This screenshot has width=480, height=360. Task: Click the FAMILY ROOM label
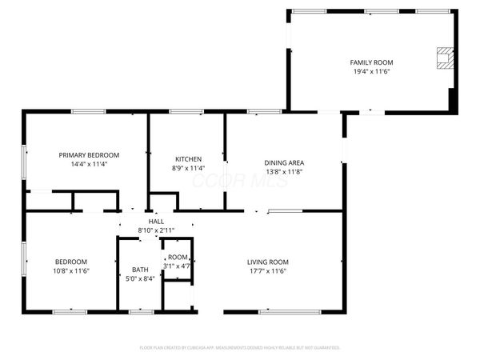click(371, 62)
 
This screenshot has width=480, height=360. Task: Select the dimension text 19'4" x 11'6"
click(371, 70)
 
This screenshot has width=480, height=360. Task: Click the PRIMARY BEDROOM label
click(89, 154)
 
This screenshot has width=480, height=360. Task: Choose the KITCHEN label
click(189, 159)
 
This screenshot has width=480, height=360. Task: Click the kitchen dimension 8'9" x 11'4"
click(189, 168)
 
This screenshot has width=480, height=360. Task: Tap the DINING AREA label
click(284, 162)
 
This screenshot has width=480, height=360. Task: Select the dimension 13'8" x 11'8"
click(284, 171)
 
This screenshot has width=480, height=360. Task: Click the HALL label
click(156, 222)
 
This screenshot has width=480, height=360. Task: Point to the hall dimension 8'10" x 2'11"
click(156, 230)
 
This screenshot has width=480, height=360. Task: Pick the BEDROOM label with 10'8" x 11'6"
click(71, 262)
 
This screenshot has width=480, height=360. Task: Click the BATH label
click(140, 270)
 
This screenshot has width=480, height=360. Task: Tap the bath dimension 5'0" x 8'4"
click(140, 278)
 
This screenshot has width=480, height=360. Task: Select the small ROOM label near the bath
click(177, 257)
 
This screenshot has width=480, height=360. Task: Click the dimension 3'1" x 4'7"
click(177, 265)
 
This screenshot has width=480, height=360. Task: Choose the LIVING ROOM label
click(267, 262)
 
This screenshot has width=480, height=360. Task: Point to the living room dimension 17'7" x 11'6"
click(267, 270)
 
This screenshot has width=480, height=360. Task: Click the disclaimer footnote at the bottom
click(240, 348)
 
